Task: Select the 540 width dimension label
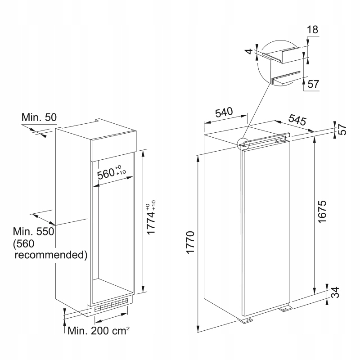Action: [x=224, y=112]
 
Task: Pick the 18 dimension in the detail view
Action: [x=312, y=30]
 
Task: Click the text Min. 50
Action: [x=39, y=117]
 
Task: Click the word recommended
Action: [x=51, y=256]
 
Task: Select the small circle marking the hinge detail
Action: [x=243, y=143]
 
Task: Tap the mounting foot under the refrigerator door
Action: [x=246, y=320]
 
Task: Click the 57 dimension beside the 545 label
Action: [x=343, y=129]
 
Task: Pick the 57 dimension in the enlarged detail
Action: [x=313, y=84]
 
